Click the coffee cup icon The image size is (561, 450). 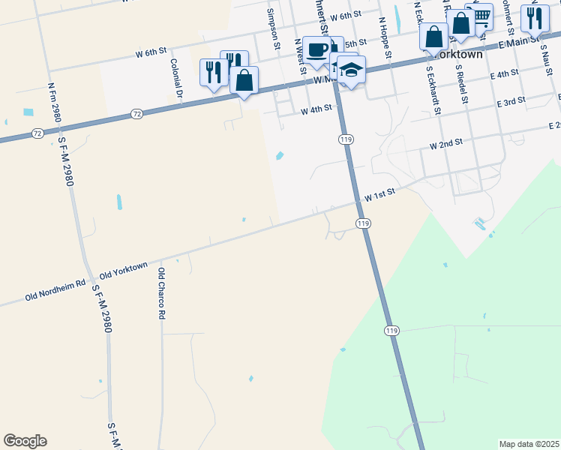point(317,50)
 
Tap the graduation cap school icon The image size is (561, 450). point(350,70)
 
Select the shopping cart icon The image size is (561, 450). point(479,16)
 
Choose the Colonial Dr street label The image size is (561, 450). point(177,79)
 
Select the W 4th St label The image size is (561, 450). point(316,109)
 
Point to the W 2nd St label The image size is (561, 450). point(446,142)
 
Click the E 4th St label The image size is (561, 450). point(504,74)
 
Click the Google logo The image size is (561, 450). point(25,441)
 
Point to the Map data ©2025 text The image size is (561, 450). point(529,444)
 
